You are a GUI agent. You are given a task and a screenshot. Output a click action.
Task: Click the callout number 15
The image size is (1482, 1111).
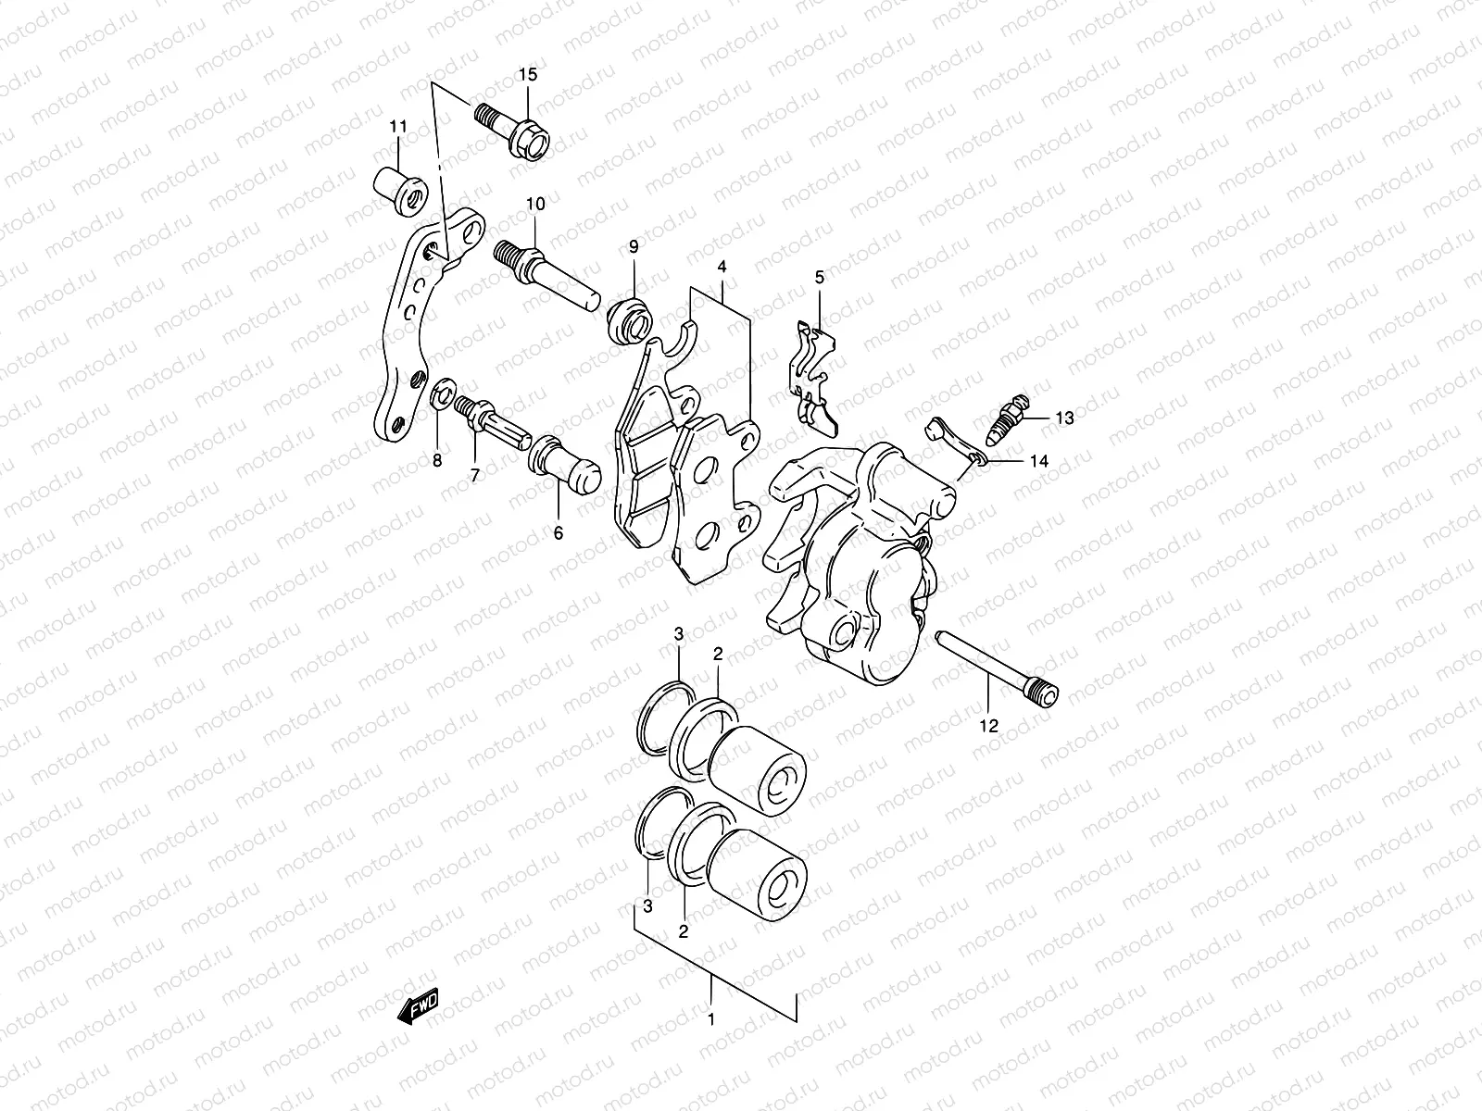coord(526,75)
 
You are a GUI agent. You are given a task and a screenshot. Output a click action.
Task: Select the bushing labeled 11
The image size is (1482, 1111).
coord(400,187)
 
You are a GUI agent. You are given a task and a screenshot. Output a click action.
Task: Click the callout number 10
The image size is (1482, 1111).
coord(536,203)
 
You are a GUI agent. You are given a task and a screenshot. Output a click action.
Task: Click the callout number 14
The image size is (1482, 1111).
coord(1039,460)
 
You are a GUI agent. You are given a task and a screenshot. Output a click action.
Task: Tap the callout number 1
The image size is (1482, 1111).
coord(710,1019)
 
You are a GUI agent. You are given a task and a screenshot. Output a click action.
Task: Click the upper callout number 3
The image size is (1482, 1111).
coord(679,634)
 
